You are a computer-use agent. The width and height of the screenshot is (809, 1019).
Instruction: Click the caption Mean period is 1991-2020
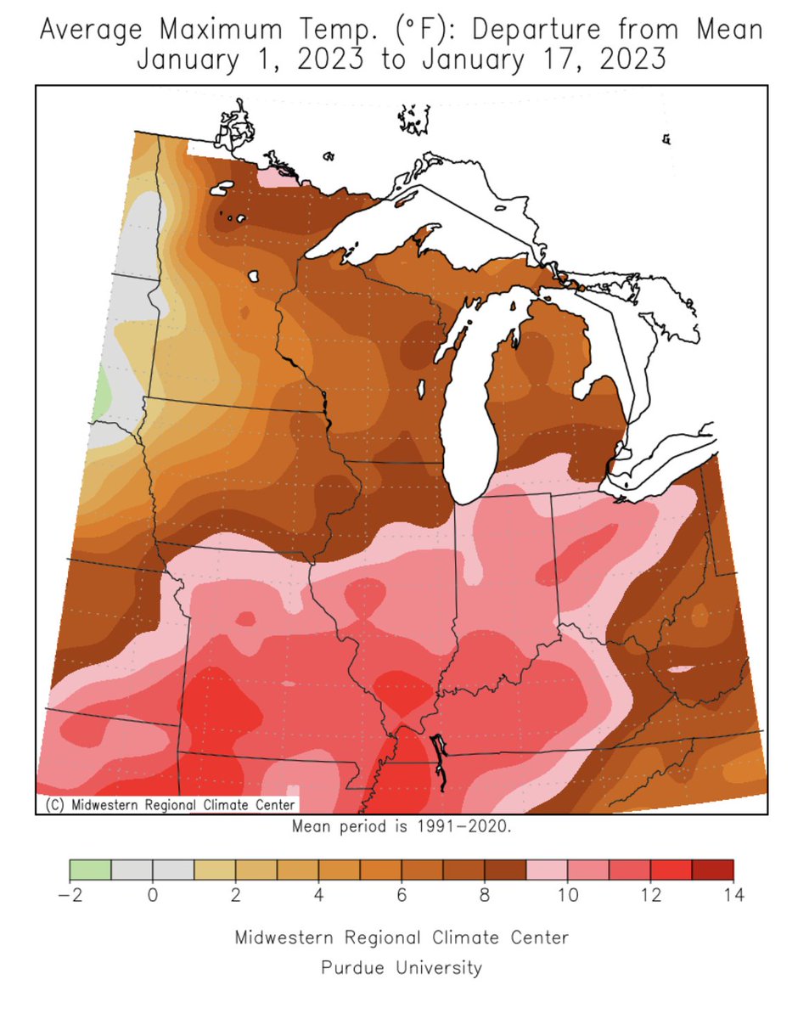(402, 826)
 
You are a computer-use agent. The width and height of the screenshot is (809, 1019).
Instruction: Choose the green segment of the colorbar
(90, 870)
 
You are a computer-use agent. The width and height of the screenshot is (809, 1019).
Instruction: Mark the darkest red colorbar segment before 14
(712, 870)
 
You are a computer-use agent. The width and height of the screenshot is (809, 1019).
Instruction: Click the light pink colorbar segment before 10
(547, 870)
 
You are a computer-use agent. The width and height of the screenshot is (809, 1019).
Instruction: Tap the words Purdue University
(402, 967)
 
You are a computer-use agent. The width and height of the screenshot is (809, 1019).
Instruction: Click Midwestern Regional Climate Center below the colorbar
(402, 937)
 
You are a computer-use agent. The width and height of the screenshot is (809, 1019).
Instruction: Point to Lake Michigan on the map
(480, 399)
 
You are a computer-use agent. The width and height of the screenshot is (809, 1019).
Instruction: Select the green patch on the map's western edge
(102, 391)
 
